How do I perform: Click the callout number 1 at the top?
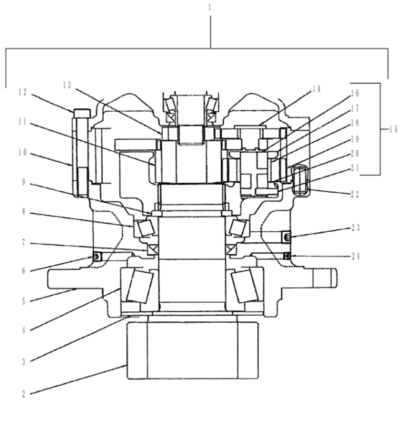point(210,7)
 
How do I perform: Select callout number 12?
point(22,92)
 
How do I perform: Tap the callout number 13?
point(67,85)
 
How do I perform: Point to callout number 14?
point(316,89)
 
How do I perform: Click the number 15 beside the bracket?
point(393,130)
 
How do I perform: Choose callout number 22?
point(355,194)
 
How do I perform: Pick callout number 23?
point(356,227)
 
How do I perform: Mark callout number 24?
point(356,256)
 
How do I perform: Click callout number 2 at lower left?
point(24,394)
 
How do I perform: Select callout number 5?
point(24,301)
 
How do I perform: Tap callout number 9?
point(24,182)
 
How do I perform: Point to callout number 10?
point(22,153)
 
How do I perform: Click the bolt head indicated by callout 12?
point(82,113)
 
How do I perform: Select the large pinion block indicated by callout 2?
point(193,350)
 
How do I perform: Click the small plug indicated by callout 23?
point(286,236)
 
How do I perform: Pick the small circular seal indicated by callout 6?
point(96,257)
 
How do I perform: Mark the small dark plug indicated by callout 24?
point(287,256)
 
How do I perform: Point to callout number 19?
point(355,139)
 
